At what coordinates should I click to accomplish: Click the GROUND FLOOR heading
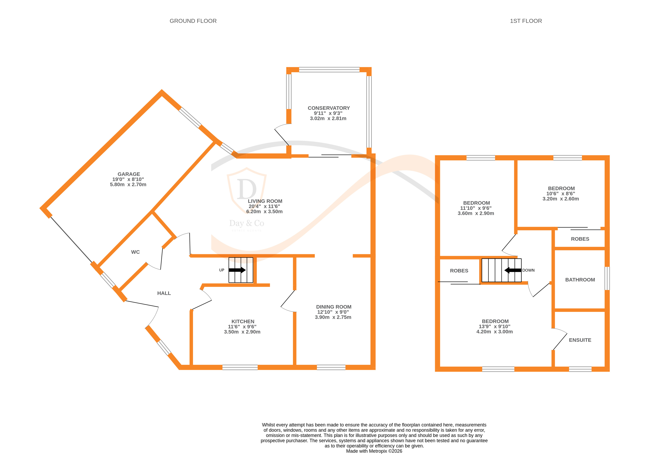pos(193,21)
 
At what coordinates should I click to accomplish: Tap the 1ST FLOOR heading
pos(526,21)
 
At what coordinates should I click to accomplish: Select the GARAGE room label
pos(129,174)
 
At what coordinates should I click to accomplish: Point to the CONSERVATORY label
pos(328,108)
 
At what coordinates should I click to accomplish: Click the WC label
pos(135,252)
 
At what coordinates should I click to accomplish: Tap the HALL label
pos(164,293)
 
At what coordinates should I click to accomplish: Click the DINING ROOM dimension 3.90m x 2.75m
pos(333,317)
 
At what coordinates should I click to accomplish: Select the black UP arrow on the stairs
pos(237,270)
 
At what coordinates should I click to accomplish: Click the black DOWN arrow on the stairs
pos(513,270)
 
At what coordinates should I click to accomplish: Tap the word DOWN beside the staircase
pos(528,270)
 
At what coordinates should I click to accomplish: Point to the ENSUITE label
pos(580,340)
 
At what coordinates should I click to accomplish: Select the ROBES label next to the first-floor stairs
pos(459,271)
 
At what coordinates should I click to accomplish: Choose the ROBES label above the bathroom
pos(580,239)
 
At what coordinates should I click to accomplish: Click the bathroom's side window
pos(607,278)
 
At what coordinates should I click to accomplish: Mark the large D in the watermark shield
pos(247,189)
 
